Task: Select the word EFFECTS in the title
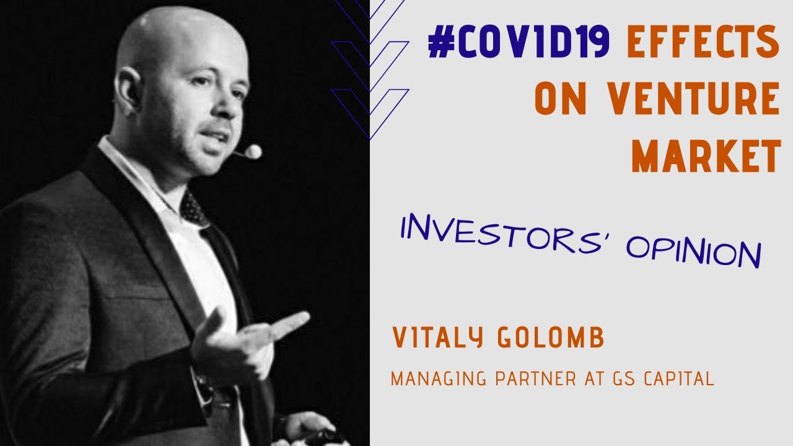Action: (x=703, y=45)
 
